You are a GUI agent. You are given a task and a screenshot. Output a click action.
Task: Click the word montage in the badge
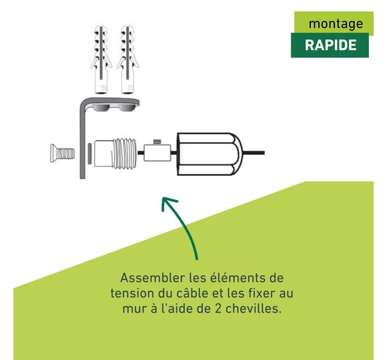336,24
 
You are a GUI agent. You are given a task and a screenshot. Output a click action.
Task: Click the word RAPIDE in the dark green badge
330,45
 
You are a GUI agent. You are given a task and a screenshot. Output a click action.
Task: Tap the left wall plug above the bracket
101,59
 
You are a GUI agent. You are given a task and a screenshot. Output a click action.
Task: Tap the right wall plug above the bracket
127,59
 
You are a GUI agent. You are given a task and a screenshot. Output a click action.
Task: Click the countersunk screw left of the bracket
63,153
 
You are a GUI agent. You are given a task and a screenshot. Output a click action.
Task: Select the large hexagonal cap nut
210,154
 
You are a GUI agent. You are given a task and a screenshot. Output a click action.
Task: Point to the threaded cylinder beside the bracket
115,153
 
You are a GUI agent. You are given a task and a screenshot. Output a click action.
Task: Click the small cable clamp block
157,153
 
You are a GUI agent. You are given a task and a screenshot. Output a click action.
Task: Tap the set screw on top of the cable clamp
157,142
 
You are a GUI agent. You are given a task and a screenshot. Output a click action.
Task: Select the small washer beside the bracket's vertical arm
89,153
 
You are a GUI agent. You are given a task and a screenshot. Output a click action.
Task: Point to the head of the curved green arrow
165,201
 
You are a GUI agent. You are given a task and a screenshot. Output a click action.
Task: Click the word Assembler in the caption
153,278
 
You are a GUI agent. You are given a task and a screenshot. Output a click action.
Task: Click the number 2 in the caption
218,309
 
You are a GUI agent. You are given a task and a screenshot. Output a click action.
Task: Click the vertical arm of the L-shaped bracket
83,141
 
